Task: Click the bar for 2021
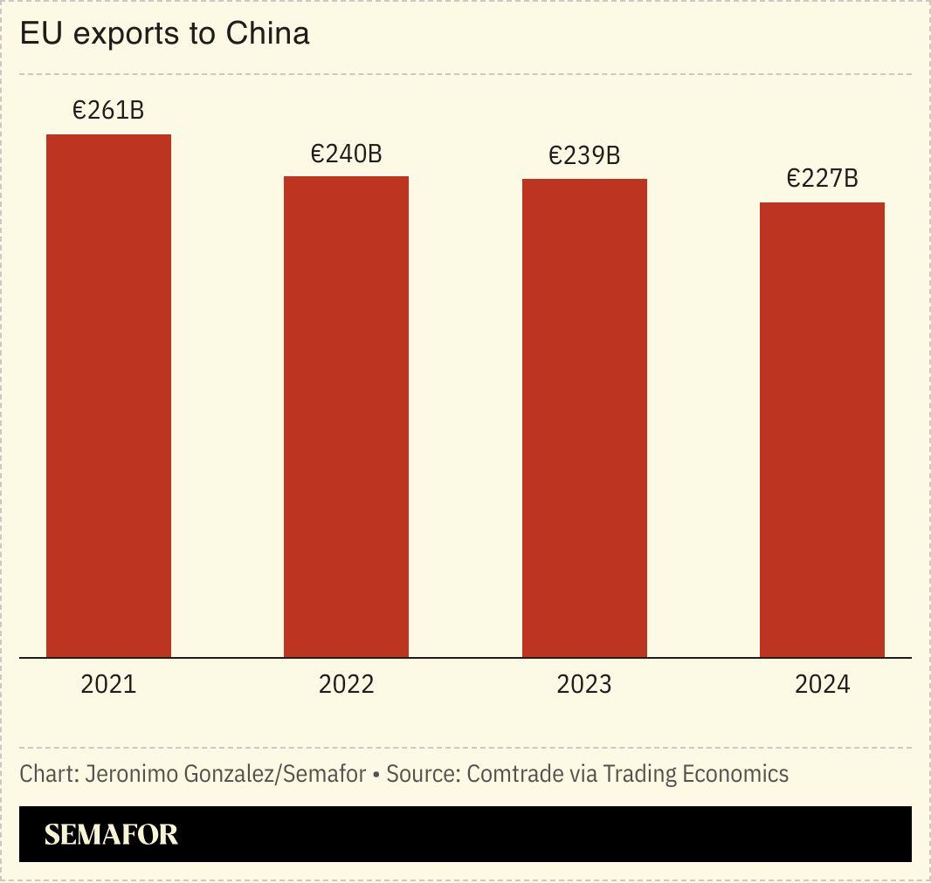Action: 108,395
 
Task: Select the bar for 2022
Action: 346,416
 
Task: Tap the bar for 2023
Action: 584,418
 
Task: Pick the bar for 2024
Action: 822,429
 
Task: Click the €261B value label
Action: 108,111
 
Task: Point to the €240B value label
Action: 346,154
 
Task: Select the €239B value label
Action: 584,156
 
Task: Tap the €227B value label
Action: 822,179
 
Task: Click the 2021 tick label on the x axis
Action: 108,684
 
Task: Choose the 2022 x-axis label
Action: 346,684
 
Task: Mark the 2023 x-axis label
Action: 584,684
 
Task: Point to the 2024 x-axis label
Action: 822,684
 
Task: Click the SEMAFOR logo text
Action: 111,835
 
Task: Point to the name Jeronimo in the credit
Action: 129,774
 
